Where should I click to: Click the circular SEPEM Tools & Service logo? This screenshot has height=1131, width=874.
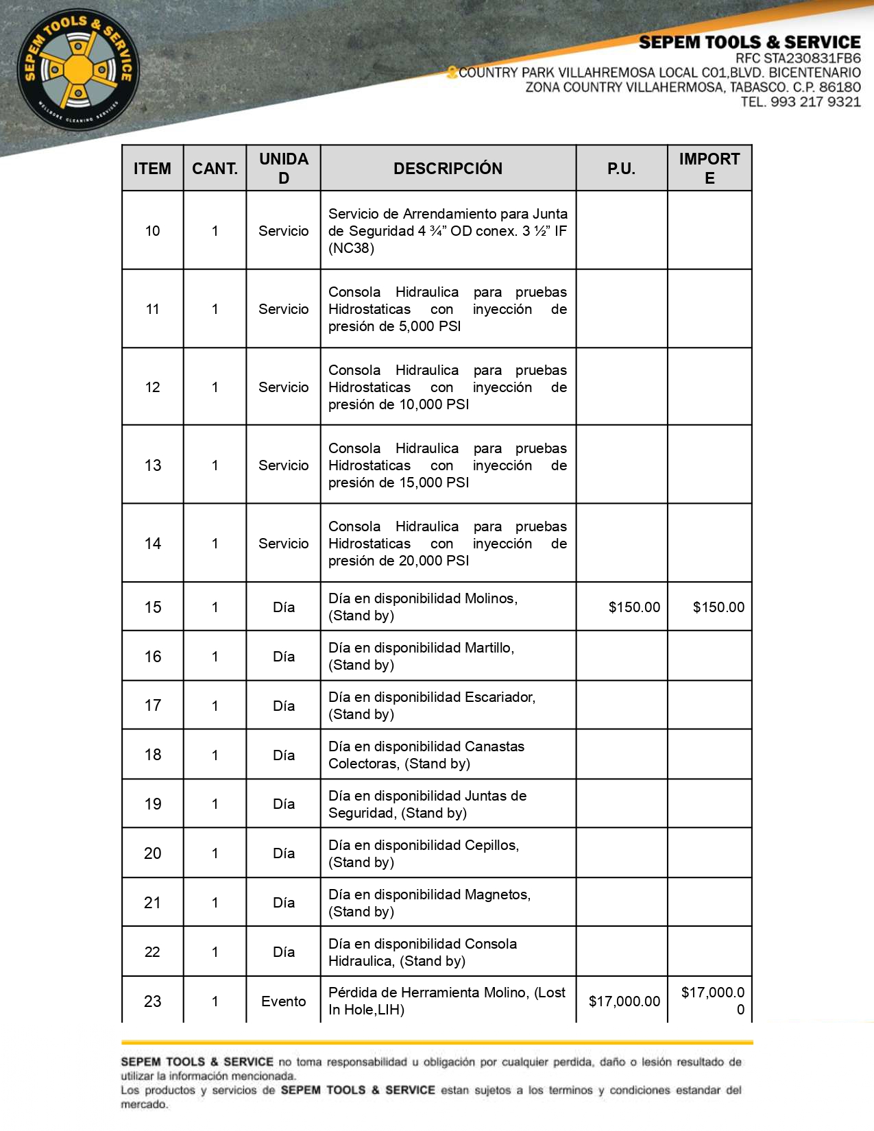[x=78, y=69]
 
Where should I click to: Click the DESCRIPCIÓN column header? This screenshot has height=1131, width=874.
[x=448, y=169]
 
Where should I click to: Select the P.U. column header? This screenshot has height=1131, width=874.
[x=621, y=169]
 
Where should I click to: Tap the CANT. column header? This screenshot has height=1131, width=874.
[x=215, y=169]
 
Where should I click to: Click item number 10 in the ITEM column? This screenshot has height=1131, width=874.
[x=152, y=231]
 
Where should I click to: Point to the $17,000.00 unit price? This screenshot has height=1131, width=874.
[x=624, y=1001]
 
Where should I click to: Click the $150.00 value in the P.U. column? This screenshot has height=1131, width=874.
[x=634, y=607]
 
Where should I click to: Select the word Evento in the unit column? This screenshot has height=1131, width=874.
[x=283, y=1001]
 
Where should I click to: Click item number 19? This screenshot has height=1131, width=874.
[x=152, y=804]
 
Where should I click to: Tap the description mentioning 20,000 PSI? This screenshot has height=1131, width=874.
[x=448, y=544]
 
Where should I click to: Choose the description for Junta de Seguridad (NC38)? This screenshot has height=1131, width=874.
[x=448, y=231]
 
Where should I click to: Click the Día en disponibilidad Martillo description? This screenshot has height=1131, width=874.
[x=421, y=656]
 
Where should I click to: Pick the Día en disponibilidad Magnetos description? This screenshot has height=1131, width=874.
[x=429, y=903]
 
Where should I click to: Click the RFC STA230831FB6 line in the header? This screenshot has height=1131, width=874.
[x=798, y=58]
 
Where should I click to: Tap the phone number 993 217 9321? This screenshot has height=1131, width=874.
[x=815, y=102]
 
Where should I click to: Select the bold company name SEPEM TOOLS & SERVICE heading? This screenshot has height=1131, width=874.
[x=749, y=42]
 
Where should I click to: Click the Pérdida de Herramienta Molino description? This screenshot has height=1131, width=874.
[x=447, y=1001]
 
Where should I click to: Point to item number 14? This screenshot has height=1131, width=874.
[x=152, y=544]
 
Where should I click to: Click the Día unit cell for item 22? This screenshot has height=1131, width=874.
[x=283, y=952]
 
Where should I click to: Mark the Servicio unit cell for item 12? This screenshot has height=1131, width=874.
[x=283, y=387]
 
